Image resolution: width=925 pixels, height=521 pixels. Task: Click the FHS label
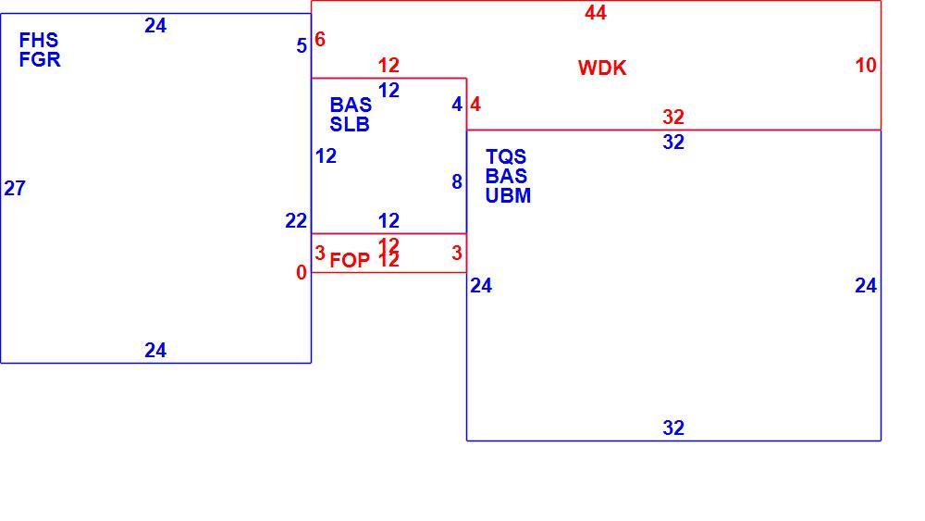[39, 40]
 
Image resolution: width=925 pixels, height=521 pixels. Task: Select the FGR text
[40, 59]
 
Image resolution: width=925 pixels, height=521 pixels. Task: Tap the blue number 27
[15, 188]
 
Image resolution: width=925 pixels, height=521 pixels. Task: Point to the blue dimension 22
[296, 220]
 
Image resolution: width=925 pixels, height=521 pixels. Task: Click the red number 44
[596, 12]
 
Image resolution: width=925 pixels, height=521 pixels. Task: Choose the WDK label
[602, 68]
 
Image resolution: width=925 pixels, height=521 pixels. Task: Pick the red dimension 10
[866, 65]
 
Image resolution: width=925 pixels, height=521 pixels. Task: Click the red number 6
[320, 40]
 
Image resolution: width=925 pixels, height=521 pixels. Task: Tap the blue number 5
[302, 46]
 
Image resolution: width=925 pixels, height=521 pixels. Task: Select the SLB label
[350, 125]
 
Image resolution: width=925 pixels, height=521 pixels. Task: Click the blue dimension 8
[457, 182]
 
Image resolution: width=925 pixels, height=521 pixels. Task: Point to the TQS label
[506, 156]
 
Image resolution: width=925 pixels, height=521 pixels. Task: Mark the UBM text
[508, 195]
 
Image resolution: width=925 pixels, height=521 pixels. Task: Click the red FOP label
[350, 260]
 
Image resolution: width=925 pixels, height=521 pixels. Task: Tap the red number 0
[302, 273]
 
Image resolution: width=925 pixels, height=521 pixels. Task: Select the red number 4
[475, 105]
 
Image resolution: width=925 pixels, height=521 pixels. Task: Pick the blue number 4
[457, 105]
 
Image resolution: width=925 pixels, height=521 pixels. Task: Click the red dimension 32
[673, 117]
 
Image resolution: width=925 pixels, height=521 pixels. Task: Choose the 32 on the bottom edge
[673, 428]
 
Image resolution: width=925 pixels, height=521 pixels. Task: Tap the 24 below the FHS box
[155, 351]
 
